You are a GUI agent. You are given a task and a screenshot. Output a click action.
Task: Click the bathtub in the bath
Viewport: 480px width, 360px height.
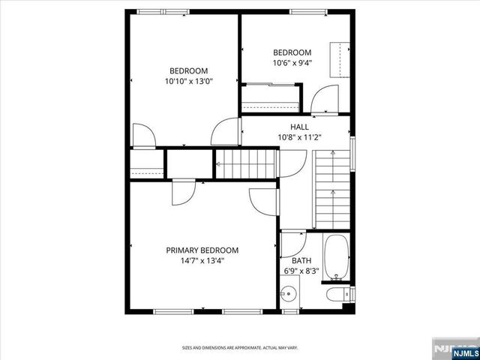click(337, 257)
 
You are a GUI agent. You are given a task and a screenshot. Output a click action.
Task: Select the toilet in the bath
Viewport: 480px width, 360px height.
click(335, 294)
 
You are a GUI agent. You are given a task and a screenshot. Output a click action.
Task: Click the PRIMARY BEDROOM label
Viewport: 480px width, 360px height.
click(202, 250)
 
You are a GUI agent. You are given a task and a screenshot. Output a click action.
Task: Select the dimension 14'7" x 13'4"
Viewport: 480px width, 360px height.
click(202, 261)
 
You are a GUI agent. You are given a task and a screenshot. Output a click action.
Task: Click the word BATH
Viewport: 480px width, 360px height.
click(292, 261)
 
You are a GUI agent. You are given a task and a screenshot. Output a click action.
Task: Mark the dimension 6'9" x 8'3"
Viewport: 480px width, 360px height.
click(301, 271)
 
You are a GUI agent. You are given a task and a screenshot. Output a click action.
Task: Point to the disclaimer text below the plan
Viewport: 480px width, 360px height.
click(240, 347)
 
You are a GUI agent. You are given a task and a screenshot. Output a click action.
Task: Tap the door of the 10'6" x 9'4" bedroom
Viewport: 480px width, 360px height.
click(325, 100)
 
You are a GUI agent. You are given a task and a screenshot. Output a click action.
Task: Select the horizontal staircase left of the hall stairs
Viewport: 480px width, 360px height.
click(247, 163)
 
